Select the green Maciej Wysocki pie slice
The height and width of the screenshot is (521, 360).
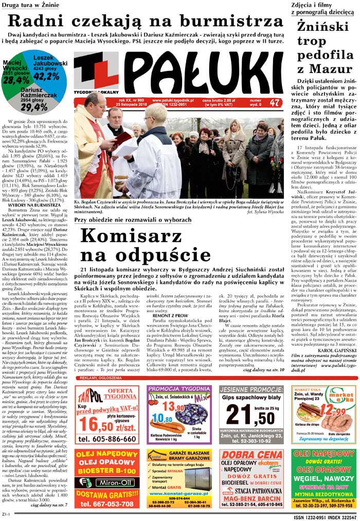click(x=15, y=72)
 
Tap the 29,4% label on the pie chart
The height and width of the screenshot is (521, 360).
click(x=33, y=108)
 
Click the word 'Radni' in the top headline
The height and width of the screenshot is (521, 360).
click(x=34, y=21)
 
